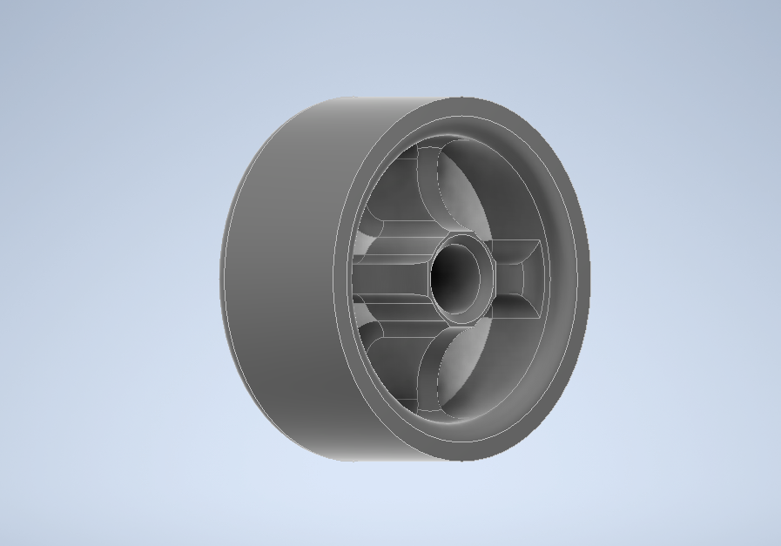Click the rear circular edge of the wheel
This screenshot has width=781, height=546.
coord(222,279)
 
